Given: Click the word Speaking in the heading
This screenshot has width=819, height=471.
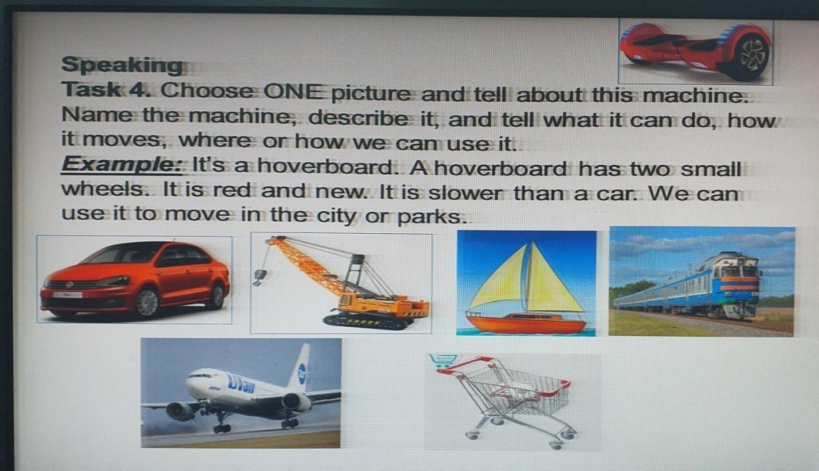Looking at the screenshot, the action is pos(122,65).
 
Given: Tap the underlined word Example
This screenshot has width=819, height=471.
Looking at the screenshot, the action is pos(121,164).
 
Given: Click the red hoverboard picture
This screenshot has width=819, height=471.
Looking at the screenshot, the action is pos(695,51).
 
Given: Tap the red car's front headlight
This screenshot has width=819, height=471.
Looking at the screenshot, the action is pos(115,281).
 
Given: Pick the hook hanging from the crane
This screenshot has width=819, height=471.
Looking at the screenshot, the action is pos(260,277).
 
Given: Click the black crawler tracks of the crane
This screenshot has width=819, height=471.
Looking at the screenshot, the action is pos(366,322).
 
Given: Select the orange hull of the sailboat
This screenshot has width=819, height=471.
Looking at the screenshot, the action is pos(526,323).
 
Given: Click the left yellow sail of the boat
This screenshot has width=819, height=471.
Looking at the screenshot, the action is pos(500,279).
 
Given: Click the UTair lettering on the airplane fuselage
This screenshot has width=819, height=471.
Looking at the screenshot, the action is pos(241,384).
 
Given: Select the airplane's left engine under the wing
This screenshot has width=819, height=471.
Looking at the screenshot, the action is pos(179,411).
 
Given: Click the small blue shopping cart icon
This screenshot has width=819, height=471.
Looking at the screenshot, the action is pos(443,360).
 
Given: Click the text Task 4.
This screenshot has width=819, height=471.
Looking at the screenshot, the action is pos(106,89).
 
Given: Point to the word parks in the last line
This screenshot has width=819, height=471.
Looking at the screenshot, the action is pos(432,217).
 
